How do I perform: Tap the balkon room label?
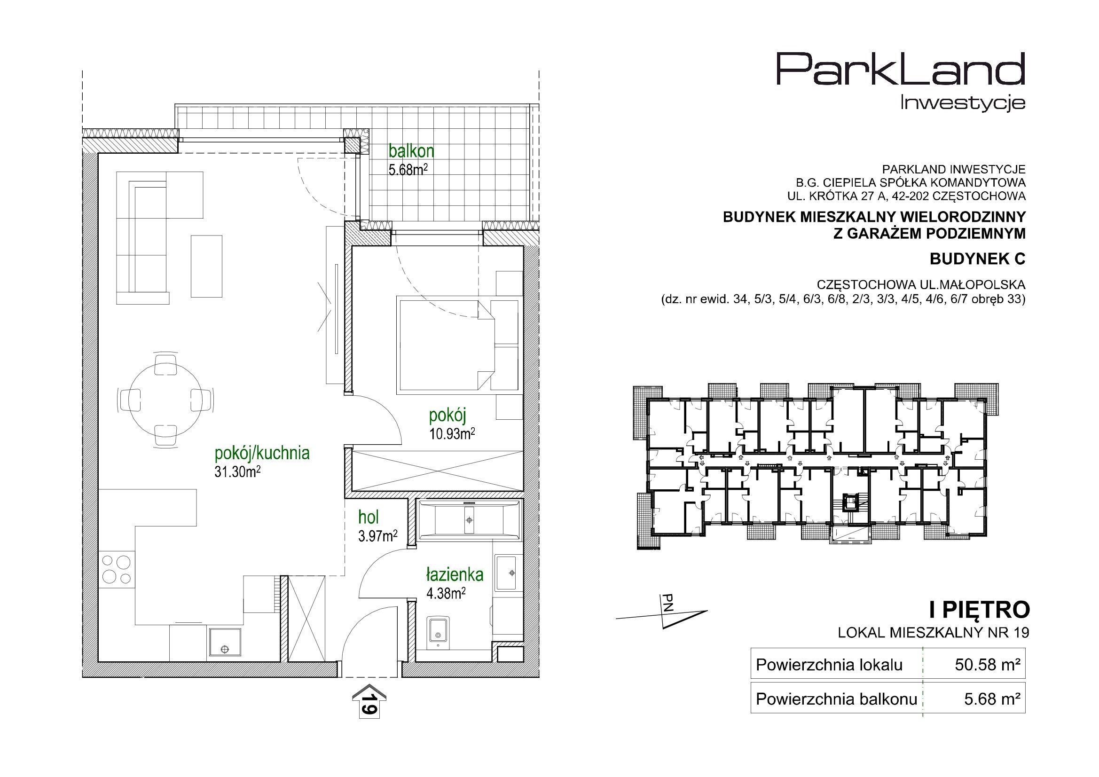click(411, 151)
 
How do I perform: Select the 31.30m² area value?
click(237, 472)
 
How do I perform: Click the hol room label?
click(369, 518)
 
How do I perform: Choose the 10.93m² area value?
click(452, 434)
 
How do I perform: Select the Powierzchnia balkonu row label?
click(836, 699)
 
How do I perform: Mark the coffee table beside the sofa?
click(207, 266)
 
